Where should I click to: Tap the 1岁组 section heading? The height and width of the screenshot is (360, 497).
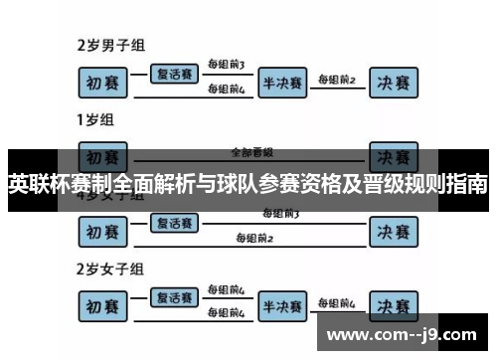click(x=94, y=120)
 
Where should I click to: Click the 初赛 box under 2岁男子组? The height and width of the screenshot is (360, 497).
click(x=104, y=83)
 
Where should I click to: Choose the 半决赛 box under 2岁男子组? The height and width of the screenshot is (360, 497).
click(x=282, y=83)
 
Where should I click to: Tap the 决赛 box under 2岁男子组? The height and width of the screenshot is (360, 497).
click(x=394, y=83)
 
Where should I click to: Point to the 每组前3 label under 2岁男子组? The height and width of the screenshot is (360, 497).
click(x=226, y=66)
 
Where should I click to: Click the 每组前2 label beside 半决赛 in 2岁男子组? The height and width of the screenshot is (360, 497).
click(x=336, y=78)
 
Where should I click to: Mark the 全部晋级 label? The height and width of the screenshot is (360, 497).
click(x=251, y=152)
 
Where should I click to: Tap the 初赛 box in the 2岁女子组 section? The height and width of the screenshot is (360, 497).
click(x=104, y=305)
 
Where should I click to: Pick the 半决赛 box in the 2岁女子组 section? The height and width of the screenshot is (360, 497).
click(x=282, y=305)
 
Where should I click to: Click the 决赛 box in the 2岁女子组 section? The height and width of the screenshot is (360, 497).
click(x=394, y=305)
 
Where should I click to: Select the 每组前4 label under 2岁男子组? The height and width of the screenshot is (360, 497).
click(x=226, y=90)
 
